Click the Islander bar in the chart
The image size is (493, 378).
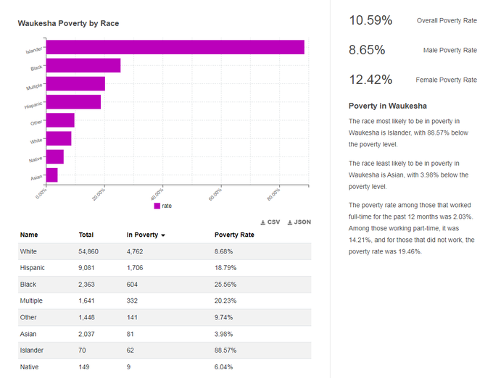click(175, 47)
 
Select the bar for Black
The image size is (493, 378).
click(83, 65)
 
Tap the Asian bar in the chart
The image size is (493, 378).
click(52, 175)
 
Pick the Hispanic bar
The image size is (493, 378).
click(73, 102)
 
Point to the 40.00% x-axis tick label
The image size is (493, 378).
click(157, 194)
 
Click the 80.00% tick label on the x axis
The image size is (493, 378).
click(273, 194)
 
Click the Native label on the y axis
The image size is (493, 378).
click(36, 159)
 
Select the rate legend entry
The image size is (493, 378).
click(163, 206)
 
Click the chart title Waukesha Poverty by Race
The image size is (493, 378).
click(68, 23)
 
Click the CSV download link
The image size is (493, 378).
click(270, 222)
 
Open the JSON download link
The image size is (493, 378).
click(299, 222)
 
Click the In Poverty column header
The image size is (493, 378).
click(146, 235)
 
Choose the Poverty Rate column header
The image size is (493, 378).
click(234, 235)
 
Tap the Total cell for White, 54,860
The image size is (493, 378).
click(88, 251)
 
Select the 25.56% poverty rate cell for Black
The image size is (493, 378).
click(225, 285)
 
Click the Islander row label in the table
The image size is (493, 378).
click(32, 350)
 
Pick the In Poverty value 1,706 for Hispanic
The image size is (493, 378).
click(135, 268)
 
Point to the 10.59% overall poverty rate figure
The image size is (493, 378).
click(370, 20)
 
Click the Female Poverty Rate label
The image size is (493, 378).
click(446, 80)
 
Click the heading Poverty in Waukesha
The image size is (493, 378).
click(388, 106)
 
